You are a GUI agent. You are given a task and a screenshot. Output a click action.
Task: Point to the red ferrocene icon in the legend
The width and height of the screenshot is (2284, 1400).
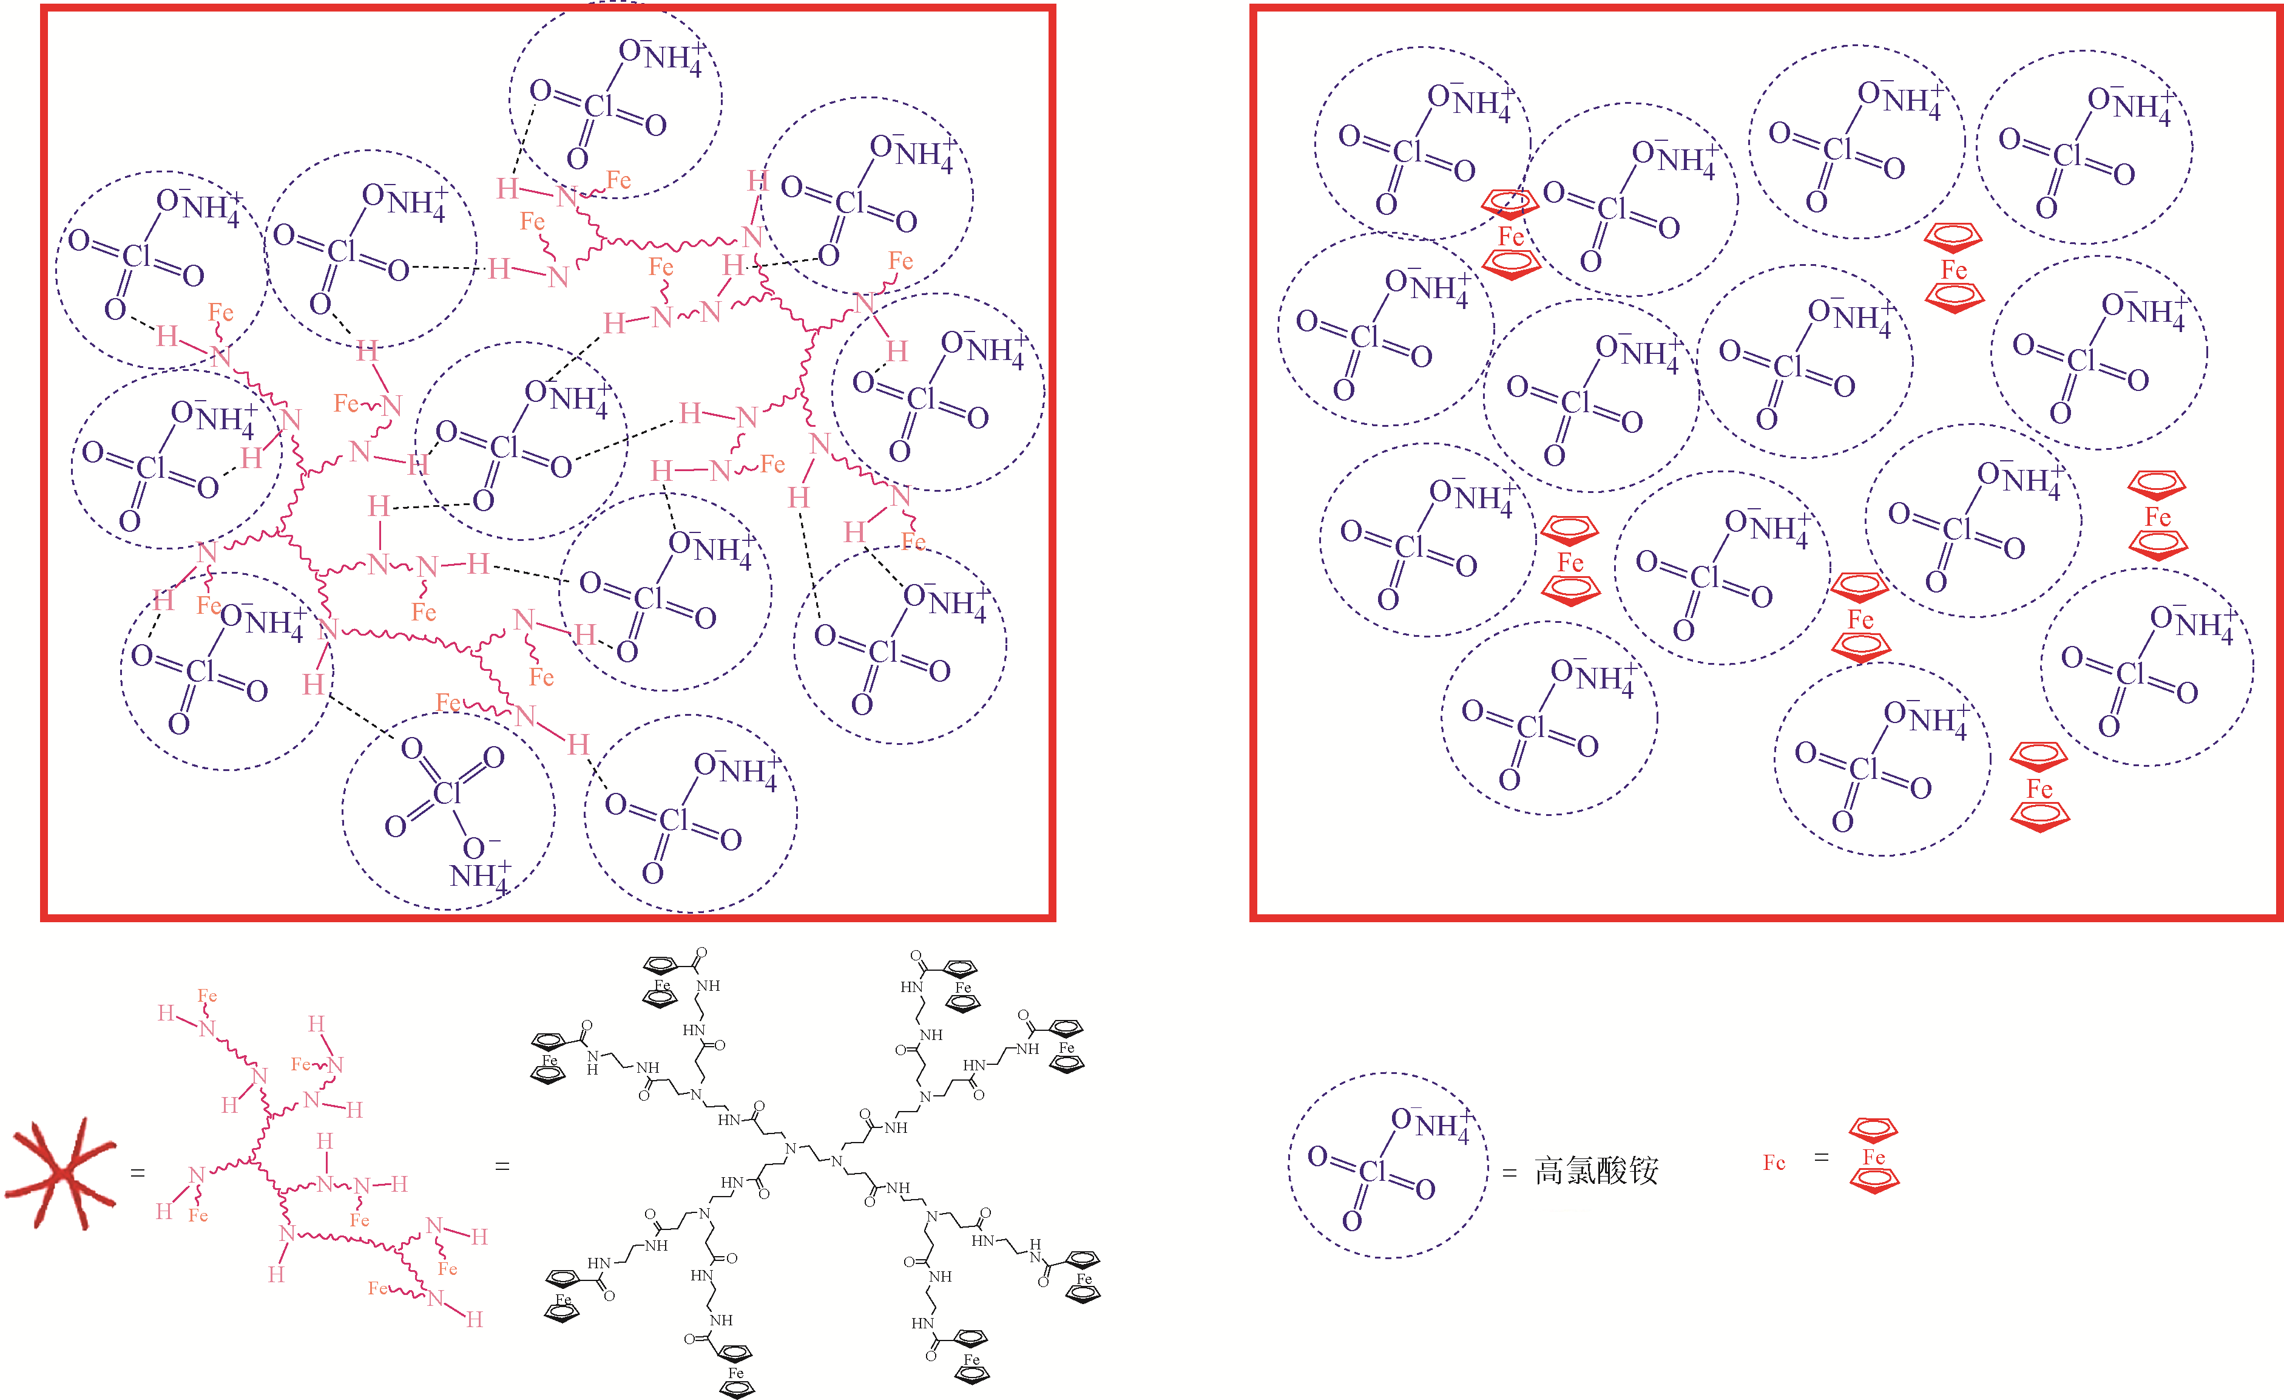click(1873, 1156)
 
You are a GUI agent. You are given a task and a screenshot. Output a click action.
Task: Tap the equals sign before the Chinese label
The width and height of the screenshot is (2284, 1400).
click(1509, 1174)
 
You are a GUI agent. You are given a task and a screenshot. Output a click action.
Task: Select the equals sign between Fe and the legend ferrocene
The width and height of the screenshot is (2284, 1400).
click(1822, 1157)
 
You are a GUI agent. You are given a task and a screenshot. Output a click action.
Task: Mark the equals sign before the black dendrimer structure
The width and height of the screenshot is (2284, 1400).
click(502, 1166)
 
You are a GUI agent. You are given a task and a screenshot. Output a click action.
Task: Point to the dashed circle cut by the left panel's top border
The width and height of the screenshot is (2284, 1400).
click(615, 100)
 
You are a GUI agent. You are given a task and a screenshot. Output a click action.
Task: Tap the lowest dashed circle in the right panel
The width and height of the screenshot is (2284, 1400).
click(1882, 758)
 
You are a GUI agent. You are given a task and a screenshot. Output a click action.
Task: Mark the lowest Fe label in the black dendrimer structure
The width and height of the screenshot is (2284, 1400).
click(736, 1373)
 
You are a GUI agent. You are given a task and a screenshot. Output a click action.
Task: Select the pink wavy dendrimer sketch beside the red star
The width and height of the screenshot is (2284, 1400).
click(315, 1159)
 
